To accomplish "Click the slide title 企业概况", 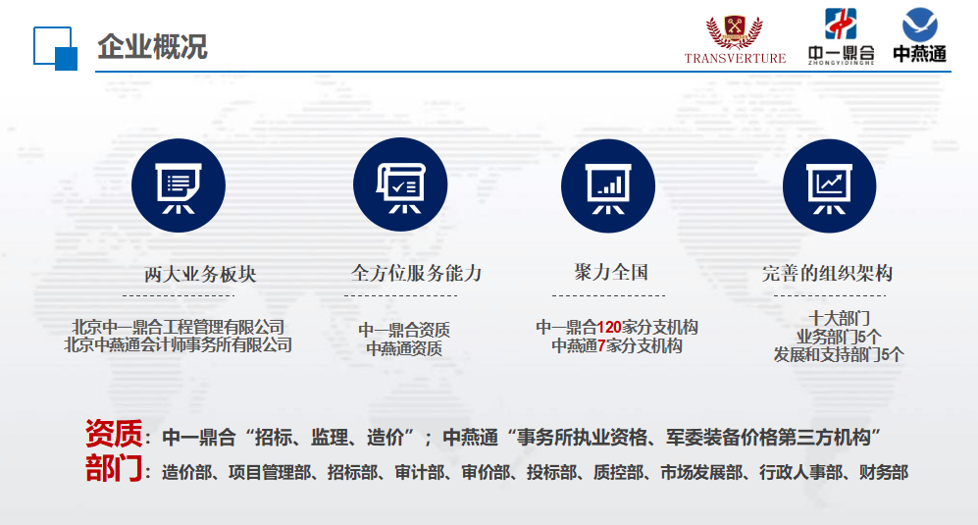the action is [152, 47].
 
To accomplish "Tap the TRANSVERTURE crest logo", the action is [735, 38].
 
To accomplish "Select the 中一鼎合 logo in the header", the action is [841, 36].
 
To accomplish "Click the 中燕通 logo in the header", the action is [919, 35].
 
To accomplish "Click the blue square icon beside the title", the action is [56, 49].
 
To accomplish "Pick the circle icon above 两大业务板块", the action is [179, 185].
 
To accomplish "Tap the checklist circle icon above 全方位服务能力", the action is [400, 184].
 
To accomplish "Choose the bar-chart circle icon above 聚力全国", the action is [608, 186].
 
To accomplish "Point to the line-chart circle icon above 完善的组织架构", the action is [830, 186].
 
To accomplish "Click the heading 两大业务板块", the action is [200, 274].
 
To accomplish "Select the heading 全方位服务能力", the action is [416, 273].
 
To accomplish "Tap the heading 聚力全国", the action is [611, 272].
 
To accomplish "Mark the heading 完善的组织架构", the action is [827, 273].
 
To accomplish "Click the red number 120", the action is [609, 327].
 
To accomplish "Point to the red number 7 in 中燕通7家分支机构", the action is [601, 345].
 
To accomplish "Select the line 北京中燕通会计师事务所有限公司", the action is [179, 344].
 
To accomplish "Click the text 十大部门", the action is [839, 318].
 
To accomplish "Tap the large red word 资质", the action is [114, 434].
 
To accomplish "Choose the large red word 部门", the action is [114, 469].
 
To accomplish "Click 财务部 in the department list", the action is [883, 473].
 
